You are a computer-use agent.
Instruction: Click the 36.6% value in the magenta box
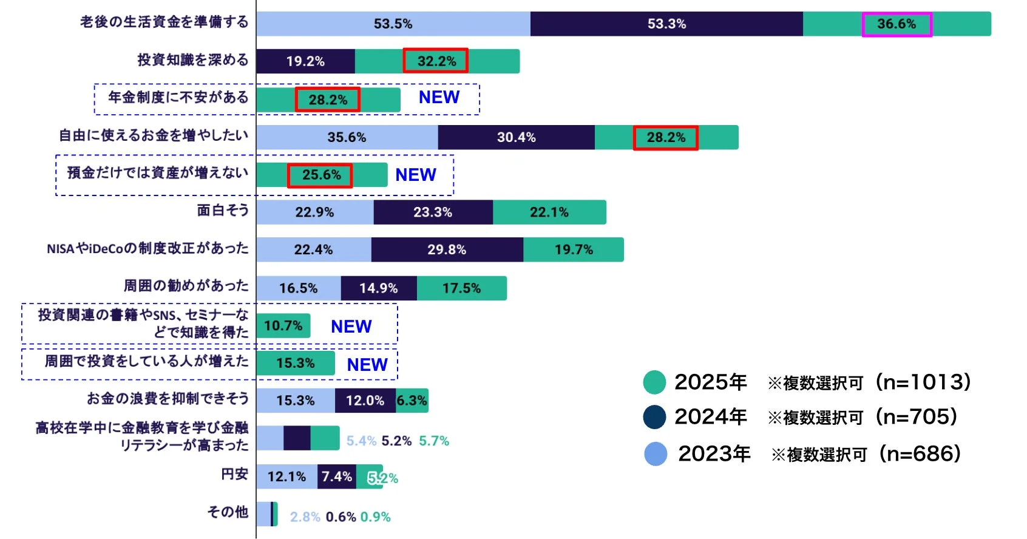(x=897, y=24)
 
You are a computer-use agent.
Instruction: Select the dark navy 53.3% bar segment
(x=666, y=24)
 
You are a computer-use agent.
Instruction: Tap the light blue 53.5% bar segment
(x=393, y=24)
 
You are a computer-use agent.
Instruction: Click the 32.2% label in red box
(x=436, y=61)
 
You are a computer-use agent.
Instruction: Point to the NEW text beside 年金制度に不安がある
(x=439, y=97)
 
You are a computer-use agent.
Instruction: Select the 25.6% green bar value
(x=320, y=175)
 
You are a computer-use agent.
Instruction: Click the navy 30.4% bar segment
(x=516, y=137)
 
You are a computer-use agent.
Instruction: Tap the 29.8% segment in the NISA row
(x=447, y=249)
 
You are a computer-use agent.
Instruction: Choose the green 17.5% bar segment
(x=461, y=288)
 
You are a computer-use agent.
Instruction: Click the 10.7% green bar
(x=283, y=326)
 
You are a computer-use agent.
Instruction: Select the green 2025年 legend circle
(x=655, y=382)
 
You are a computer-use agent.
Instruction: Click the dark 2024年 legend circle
(x=655, y=417)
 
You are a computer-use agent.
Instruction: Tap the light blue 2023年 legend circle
(x=656, y=454)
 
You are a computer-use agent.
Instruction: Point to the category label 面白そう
(x=223, y=211)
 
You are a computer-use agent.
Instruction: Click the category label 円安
(x=234, y=474)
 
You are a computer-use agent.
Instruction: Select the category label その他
(x=228, y=512)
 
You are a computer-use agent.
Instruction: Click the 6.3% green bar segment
(x=412, y=401)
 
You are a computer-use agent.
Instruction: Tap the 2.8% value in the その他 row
(x=305, y=517)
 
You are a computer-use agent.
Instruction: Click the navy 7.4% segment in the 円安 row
(x=336, y=477)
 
